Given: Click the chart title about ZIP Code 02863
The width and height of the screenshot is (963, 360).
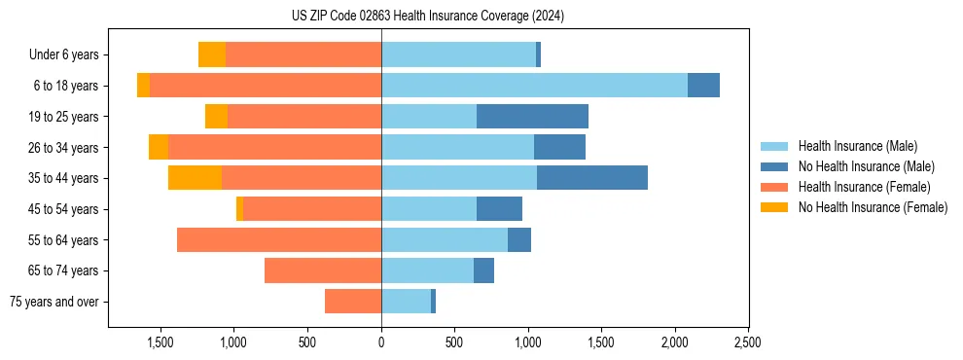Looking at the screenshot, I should (428, 17).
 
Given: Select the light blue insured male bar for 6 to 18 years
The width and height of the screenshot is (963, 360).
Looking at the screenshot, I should (534, 86).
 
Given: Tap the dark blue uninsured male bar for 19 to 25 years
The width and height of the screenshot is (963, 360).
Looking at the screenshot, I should (532, 117).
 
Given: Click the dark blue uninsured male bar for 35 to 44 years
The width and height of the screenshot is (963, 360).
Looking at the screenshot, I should (591, 178).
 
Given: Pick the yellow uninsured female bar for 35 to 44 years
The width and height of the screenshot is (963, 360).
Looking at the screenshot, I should (195, 178).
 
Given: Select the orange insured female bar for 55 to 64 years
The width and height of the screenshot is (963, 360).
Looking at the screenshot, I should (279, 239).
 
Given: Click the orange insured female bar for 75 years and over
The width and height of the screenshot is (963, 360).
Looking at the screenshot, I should (353, 302).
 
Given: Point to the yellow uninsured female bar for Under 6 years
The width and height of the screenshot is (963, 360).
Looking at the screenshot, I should (212, 54).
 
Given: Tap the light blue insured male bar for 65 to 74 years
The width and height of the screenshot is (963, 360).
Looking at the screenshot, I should (427, 270).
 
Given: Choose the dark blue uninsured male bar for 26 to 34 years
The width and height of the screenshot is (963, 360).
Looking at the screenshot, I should (559, 147).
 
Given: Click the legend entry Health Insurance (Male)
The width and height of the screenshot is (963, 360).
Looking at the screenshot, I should (857, 146).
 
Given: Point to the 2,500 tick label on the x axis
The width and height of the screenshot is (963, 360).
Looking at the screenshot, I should (747, 342).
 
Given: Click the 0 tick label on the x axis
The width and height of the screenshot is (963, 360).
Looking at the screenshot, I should (381, 342).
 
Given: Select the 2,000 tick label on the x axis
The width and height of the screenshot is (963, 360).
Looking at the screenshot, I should (674, 342).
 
